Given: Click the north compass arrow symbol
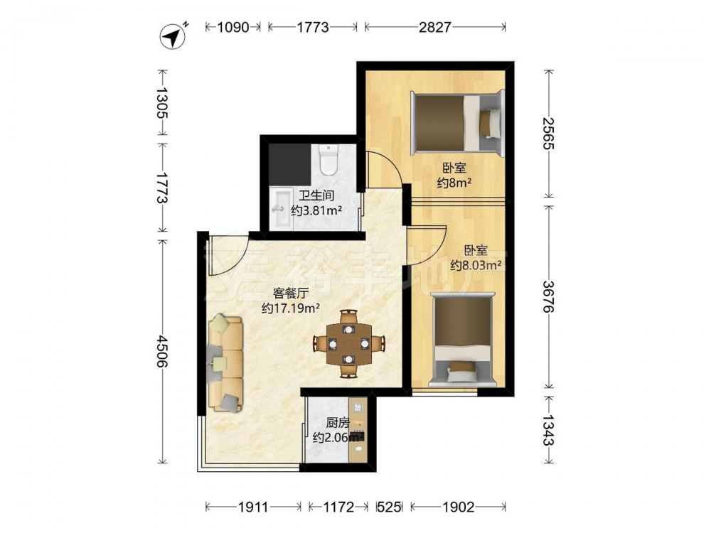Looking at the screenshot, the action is click(173, 36).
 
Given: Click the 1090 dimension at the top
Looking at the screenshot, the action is click(233, 27).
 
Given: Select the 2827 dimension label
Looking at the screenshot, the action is click(435, 27).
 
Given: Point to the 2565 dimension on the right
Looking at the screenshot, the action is click(549, 134).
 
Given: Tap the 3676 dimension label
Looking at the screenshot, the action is click(549, 296).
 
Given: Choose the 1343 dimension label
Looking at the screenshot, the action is click(549, 430).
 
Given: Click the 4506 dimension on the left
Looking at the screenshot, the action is click(162, 351).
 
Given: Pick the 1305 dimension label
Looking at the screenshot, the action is click(162, 102).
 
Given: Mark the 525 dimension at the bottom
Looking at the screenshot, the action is click(389, 507).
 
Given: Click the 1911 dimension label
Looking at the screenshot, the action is click(253, 507).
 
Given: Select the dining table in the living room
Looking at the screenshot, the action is click(348, 344).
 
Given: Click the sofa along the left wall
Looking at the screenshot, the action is click(225, 363).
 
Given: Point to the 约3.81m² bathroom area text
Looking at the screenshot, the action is click(316, 211).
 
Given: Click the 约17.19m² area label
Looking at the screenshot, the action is click(291, 308).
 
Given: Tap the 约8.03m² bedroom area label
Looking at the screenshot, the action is click(476, 265).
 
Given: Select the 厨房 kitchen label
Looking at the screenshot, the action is click(337, 423).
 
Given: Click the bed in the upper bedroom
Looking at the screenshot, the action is click(457, 123).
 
